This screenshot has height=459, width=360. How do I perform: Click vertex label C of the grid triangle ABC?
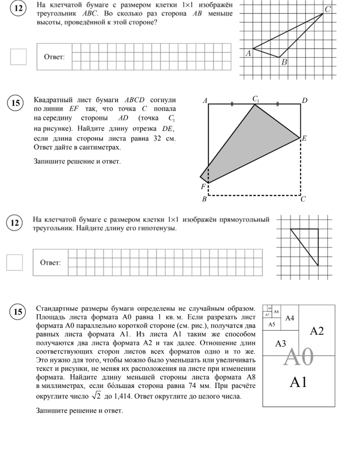(328, 9)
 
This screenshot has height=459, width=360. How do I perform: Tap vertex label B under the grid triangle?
(284, 62)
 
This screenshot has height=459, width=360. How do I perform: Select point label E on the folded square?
(305, 138)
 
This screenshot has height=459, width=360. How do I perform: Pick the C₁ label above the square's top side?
(256, 99)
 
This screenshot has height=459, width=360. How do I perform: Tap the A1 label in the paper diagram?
(298, 382)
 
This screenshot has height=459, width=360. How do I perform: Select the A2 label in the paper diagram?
(317, 331)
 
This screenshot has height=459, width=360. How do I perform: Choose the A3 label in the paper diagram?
(280, 344)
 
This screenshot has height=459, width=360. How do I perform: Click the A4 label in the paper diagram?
(290, 318)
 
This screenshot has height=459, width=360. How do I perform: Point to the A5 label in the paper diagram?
(272, 325)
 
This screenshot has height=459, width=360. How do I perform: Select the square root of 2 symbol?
(96, 396)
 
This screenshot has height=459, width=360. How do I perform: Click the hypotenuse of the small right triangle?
(304, 247)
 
